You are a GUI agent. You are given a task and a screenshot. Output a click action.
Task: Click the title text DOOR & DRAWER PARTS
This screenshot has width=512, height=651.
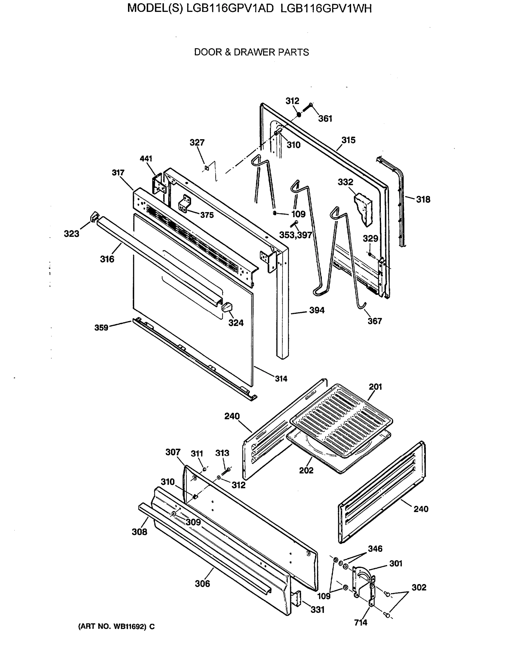coord(251,52)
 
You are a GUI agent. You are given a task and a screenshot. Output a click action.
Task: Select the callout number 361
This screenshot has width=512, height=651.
coord(325,119)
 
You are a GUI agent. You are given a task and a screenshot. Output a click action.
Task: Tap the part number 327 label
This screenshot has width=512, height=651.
coord(197,142)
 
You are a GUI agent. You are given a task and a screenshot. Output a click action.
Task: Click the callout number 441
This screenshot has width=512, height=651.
coord(146,159)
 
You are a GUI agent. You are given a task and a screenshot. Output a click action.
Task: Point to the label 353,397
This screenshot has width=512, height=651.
coord(296,235)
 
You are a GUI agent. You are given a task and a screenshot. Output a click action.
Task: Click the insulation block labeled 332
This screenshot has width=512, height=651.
coord(364,208)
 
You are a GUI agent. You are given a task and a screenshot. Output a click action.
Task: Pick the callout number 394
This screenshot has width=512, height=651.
coord(316,310)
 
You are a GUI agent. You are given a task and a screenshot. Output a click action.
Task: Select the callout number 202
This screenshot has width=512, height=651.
coord(306,470)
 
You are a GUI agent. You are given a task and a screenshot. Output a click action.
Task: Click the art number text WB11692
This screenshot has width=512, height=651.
coord(129,626)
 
